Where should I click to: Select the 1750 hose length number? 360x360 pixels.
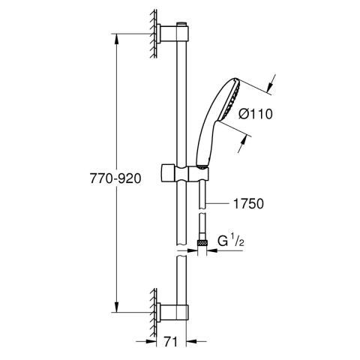pos(248,203)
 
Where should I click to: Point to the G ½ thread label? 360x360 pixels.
pos(232,242)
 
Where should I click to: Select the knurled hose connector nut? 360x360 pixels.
pos(202,242)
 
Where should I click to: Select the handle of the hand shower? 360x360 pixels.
pos(208,139)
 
